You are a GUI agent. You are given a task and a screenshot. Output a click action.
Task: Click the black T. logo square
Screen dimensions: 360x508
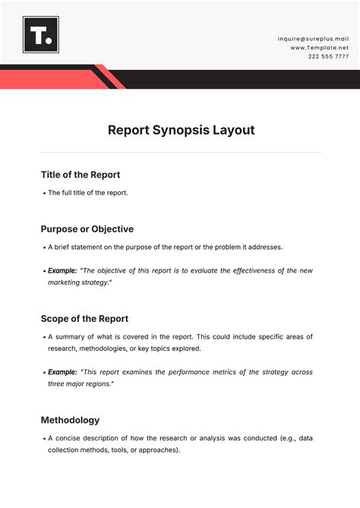[41, 34]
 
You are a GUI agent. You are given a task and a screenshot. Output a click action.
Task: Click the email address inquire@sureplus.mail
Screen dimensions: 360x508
[313, 37]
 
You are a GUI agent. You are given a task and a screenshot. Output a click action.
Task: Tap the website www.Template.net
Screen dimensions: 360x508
[319, 47]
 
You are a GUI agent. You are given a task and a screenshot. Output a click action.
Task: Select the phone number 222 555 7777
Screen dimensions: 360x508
[328, 57]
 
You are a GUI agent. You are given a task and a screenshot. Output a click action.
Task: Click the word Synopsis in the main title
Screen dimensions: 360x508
[182, 130]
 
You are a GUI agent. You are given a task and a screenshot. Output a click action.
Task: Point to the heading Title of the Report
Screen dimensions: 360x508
[81, 175]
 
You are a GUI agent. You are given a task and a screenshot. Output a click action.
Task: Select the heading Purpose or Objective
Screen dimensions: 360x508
[87, 229]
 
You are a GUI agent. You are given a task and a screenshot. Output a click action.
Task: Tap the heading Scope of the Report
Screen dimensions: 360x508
[84, 319]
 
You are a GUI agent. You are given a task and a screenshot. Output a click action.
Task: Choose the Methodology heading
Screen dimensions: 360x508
[70, 420]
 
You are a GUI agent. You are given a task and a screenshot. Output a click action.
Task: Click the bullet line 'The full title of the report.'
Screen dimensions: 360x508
[88, 193]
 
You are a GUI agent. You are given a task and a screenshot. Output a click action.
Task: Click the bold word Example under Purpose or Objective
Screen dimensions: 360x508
[62, 271]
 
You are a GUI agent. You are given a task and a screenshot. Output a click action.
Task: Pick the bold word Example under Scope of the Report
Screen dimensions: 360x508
[62, 373]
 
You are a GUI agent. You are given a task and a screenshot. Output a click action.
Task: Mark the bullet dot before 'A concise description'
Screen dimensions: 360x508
[44, 439]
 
